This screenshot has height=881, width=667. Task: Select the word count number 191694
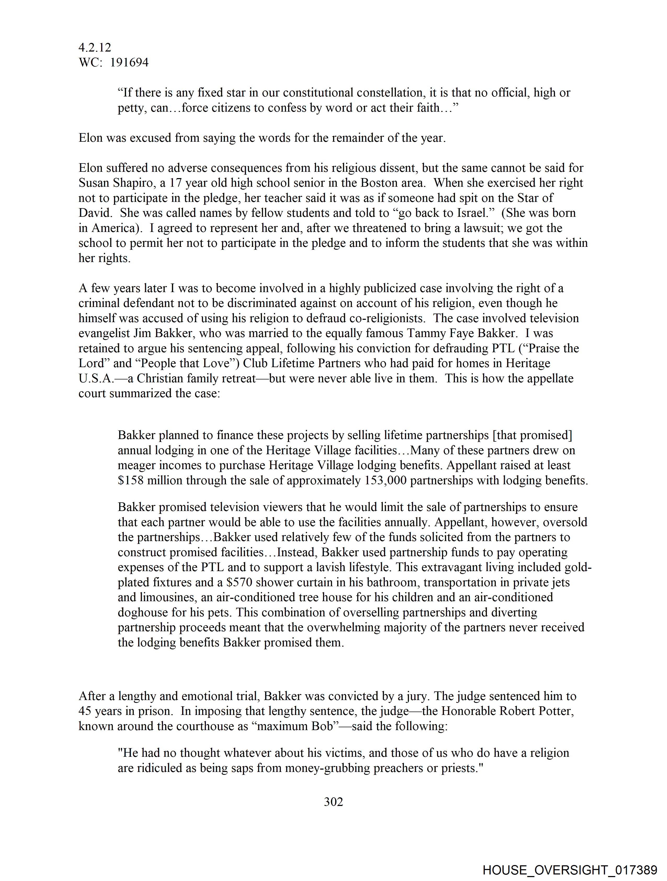point(129,62)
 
